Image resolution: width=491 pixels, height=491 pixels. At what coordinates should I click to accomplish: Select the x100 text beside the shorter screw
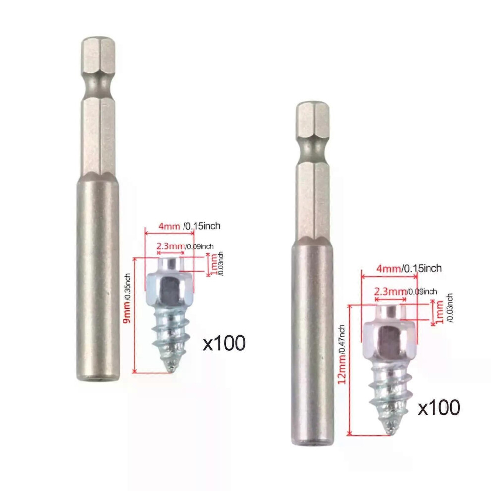(x=224, y=343)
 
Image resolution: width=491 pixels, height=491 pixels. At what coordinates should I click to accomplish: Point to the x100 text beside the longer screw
(x=438, y=408)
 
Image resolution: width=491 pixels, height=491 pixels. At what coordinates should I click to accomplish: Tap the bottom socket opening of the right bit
(x=312, y=442)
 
